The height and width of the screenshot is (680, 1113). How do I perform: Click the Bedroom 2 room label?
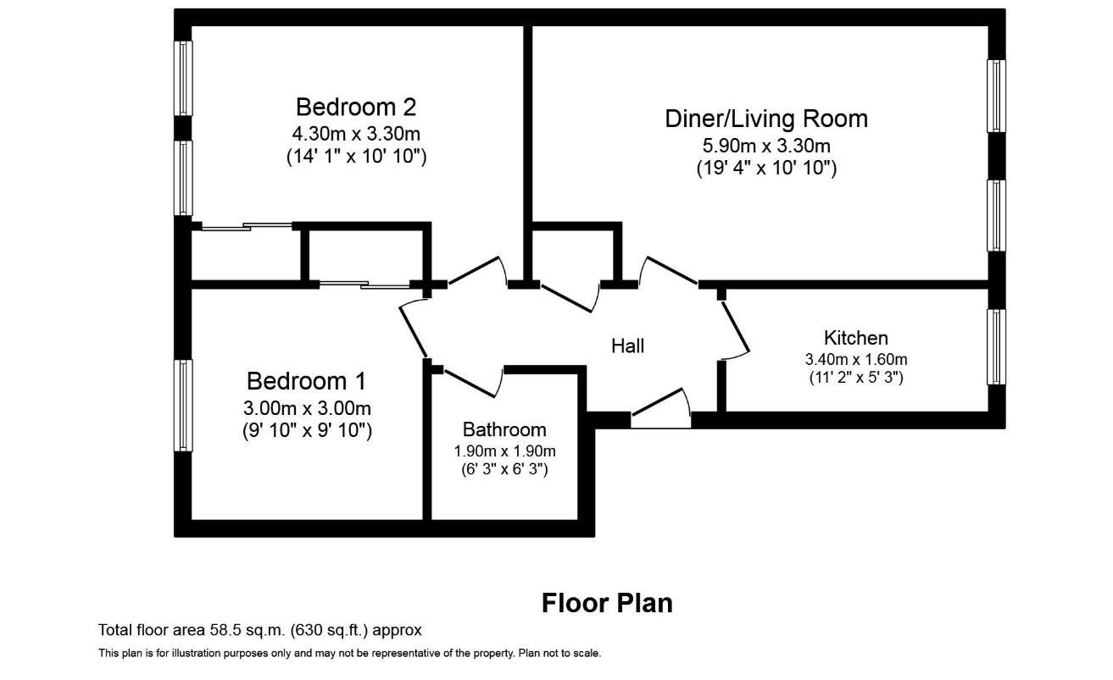click(356, 108)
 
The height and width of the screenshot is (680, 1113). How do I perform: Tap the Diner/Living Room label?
click(766, 119)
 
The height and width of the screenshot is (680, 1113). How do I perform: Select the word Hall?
click(627, 346)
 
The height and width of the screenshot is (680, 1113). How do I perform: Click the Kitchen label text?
click(855, 338)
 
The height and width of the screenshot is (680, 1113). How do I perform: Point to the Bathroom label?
click(504, 429)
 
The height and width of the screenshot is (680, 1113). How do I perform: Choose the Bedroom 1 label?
click(306, 381)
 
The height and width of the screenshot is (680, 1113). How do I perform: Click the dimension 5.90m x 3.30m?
click(766, 146)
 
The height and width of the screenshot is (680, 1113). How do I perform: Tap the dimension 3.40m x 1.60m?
click(855, 359)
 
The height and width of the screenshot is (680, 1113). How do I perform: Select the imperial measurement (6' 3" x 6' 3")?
click(504, 469)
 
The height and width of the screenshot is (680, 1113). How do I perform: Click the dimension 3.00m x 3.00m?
click(307, 408)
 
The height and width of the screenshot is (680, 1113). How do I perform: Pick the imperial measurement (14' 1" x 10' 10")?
click(356, 157)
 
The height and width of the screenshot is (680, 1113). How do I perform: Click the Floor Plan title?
click(607, 604)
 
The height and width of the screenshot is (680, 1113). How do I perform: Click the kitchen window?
click(996, 347)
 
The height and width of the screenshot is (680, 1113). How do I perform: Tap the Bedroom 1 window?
click(183, 406)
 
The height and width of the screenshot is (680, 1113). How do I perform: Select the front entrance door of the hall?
click(661, 408)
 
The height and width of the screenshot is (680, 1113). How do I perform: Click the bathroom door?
click(473, 383)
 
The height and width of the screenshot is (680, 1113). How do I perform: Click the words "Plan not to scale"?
click(559, 654)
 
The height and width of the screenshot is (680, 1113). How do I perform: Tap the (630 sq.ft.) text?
click(329, 630)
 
